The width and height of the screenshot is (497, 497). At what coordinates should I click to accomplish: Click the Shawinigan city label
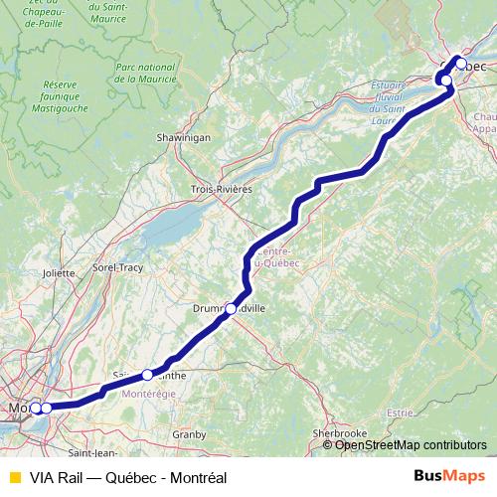click(183, 138)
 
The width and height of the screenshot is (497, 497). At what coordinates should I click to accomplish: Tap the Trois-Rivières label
click(222, 188)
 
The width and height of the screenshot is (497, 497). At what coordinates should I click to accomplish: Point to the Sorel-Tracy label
click(118, 267)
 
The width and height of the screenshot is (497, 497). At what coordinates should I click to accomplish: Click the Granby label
click(188, 433)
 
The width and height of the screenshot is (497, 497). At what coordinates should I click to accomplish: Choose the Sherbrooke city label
click(340, 433)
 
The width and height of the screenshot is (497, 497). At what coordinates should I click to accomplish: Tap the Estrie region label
click(401, 412)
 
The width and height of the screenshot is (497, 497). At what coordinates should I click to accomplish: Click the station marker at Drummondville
click(231, 309)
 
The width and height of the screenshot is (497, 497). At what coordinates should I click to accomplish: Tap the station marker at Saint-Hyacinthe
click(147, 375)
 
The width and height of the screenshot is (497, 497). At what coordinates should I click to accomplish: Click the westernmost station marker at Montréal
click(35, 408)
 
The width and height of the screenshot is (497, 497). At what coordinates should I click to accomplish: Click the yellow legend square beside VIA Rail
click(14, 476)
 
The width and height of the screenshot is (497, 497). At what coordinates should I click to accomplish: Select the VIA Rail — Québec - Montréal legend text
click(128, 476)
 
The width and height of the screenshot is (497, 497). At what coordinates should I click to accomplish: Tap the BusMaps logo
click(449, 475)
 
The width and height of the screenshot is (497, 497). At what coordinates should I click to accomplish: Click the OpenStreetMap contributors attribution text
click(411, 445)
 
